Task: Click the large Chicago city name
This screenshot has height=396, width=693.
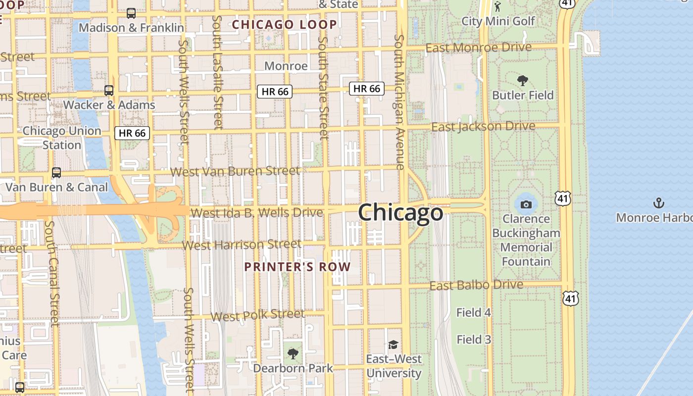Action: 400,213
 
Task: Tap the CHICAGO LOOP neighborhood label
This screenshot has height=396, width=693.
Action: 284,24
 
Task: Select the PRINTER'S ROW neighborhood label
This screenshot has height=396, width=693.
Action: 297,267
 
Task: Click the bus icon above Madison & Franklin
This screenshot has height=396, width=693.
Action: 131,13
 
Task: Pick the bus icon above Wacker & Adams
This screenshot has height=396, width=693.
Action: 109,91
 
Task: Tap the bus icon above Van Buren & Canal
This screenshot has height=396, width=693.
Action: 56,173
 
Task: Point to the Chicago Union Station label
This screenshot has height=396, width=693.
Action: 62,138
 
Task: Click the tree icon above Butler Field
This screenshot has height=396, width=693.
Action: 522,81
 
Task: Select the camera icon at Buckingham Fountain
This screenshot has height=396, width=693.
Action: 526,204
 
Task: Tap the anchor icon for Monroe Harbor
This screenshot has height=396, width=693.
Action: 658,203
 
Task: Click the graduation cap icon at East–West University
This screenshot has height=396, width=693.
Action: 393,345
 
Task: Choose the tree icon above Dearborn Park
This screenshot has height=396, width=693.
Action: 293,354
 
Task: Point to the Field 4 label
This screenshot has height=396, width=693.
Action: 473,312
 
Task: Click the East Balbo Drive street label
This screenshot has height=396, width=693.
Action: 476,285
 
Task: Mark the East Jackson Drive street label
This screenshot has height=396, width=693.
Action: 483,127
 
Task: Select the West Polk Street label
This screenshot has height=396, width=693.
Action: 257,315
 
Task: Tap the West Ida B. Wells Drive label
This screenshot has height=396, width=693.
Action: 256,213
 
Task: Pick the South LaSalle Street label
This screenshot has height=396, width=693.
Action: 218,72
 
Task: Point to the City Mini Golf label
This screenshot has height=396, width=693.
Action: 498,21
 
